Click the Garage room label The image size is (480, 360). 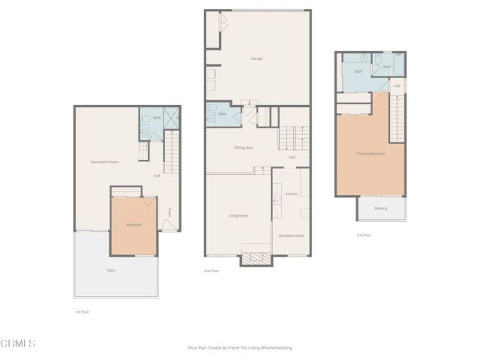click(x=256, y=58)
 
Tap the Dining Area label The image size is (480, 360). click(x=244, y=148)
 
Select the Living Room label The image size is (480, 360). click(x=238, y=216)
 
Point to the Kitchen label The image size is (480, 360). click(x=292, y=193)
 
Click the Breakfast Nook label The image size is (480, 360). click(x=291, y=235)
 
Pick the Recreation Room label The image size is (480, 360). click(x=101, y=162)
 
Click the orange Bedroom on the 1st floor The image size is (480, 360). click(x=133, y=224)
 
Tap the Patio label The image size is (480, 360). click(x=111, y=270)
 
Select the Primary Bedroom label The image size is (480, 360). click(x=370, y=154)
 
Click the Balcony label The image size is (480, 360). click(x=381, y=208)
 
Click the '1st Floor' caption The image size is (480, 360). click(x=82, y=311)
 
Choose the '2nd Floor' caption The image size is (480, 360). click(x=211, y=271)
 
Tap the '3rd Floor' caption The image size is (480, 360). click(x=364, y=235)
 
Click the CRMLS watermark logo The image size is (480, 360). click(x=18, y=343)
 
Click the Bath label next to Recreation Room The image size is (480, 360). click(x=157, y=118)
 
